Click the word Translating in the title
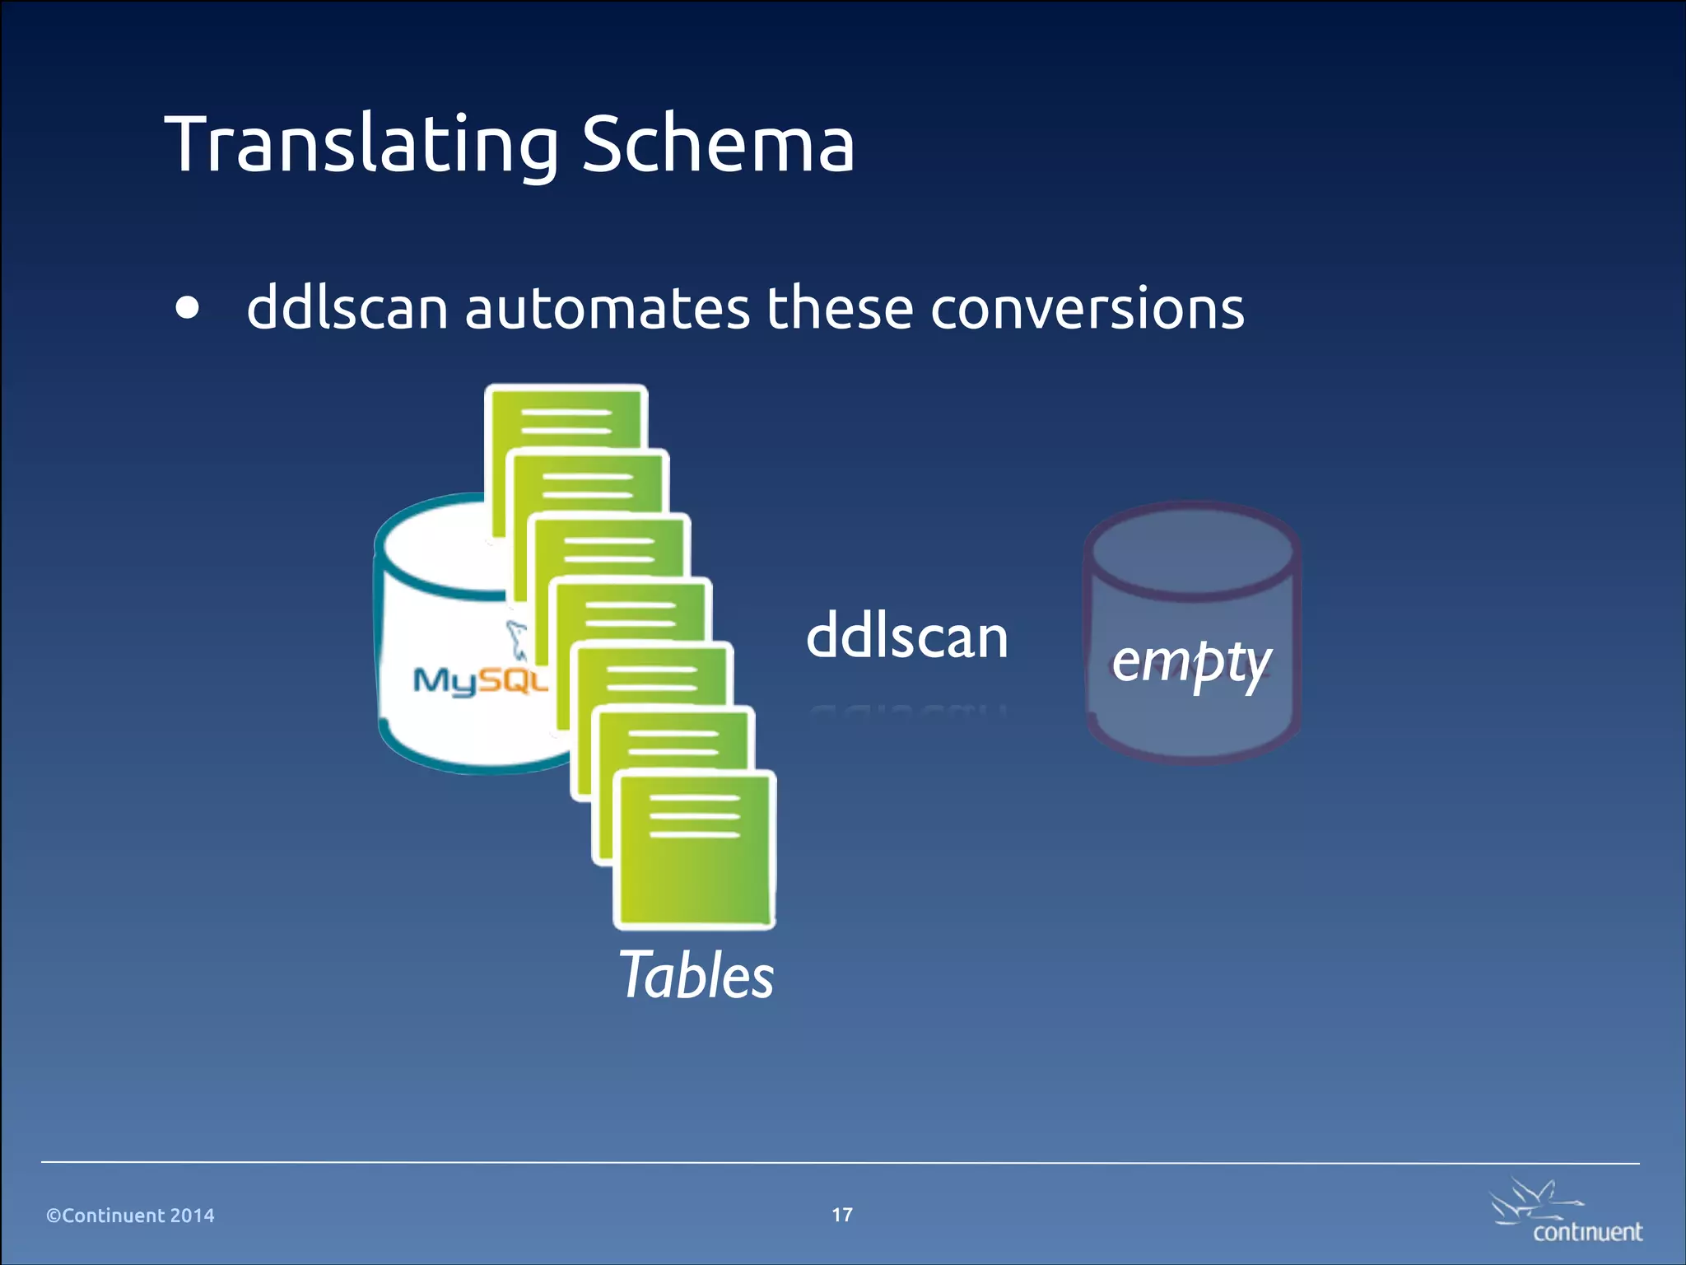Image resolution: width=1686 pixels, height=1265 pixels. tap(362, 145)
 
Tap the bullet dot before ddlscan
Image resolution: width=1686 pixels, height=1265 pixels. tap(188, 308)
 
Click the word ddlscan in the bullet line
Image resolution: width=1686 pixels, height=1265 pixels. tap(347, 308)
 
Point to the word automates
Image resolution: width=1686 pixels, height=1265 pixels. tap(607, 308)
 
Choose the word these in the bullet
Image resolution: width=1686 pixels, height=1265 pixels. tap(840, 308)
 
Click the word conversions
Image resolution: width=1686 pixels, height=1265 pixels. tap(1087, 308)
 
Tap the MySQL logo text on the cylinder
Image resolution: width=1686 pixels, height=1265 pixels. tap(478, 680)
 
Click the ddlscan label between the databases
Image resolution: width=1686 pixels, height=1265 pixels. tap(906, 637)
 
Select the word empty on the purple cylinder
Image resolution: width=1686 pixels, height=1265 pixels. tap(1191, 661)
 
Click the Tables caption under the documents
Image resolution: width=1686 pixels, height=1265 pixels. tap(696, 975)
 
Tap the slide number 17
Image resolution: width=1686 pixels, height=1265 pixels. tap(842, 1215)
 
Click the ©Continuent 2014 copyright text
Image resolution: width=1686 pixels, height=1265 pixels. tap(130, 1216)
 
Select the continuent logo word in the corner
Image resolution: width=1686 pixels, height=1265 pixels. tap(1587, 1232)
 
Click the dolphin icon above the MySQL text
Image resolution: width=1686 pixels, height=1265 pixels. tap(517, 639)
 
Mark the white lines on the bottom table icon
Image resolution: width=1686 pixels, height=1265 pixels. tap(695, 816)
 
